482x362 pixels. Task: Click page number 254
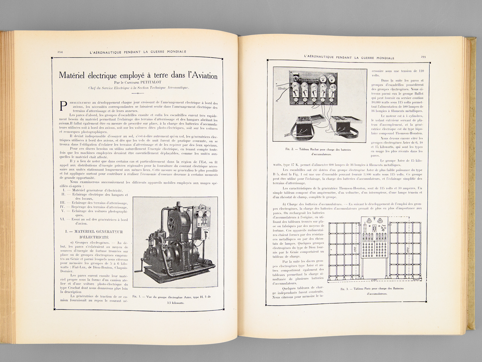click(x=60, y=52)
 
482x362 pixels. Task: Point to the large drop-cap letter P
click(x=63, y=106)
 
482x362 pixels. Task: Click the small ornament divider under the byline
click(x=138, y=94)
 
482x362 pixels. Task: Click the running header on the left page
click(x=138, y=52)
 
